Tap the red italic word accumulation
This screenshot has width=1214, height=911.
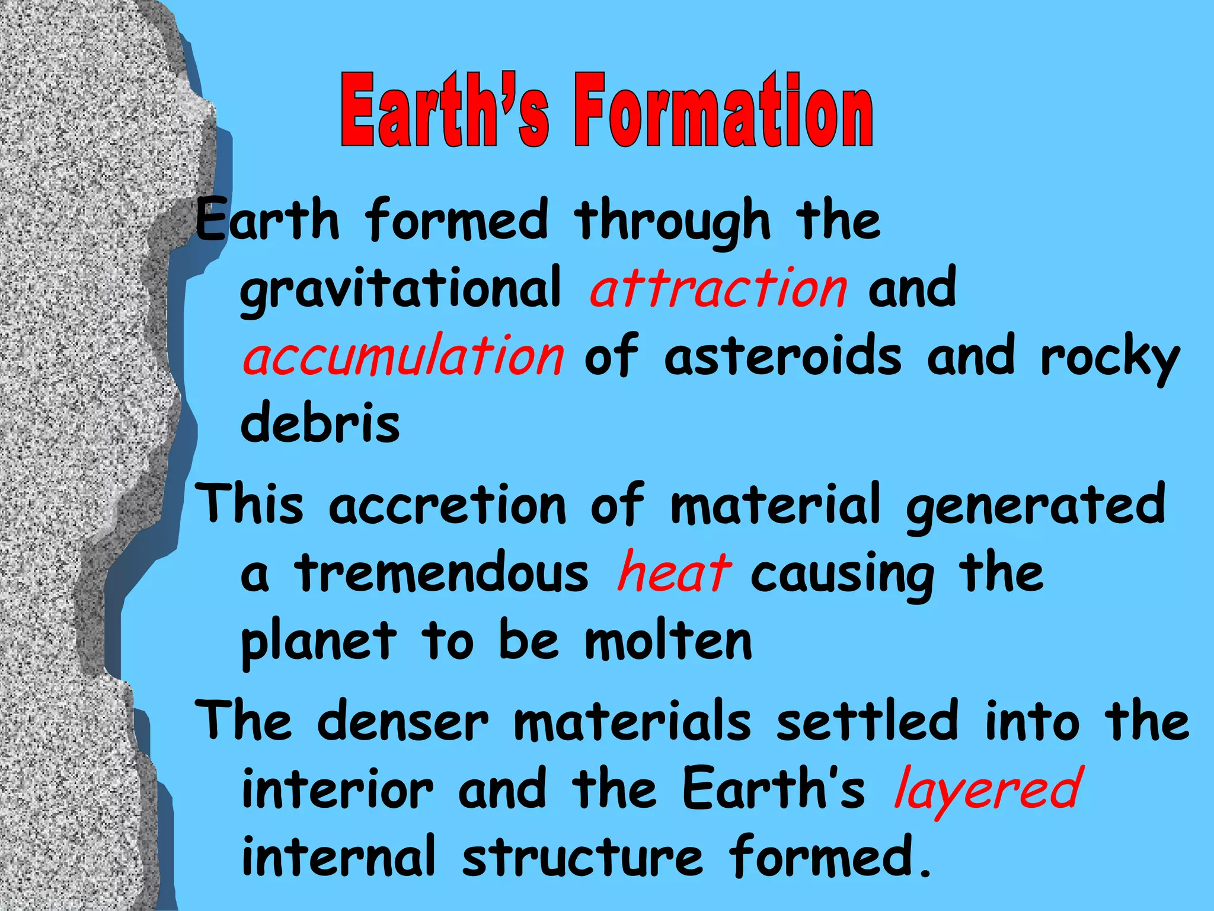click(x=403, y=356)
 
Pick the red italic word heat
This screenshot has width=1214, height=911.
click(x=673, y=572)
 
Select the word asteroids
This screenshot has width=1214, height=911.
click(x=782, y=356)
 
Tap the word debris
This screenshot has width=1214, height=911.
click(x=320, y=422)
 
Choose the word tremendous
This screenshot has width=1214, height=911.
click(x=442, y=572)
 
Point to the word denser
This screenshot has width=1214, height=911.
click(x=403, y=721)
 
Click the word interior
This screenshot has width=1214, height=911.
click(x=338, y=789)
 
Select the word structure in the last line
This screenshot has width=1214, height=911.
click(x=582, y=857)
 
